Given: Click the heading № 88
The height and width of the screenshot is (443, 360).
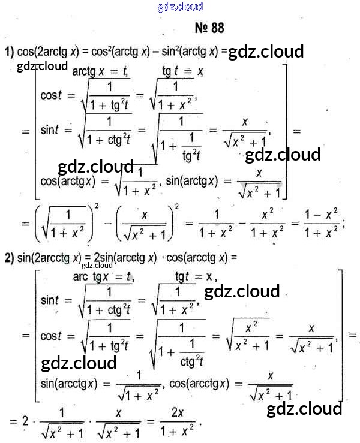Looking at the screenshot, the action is click(209, 28).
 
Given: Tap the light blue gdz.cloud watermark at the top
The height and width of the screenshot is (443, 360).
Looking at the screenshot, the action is click(180, 7).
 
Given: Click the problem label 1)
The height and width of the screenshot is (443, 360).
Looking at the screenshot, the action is click(9, 52).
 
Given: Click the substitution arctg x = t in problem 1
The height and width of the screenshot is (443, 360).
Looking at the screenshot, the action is click(100, 71).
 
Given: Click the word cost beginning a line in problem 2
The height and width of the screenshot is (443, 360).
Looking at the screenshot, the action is click(52, 336).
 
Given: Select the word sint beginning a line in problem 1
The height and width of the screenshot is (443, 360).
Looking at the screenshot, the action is click(52, 130).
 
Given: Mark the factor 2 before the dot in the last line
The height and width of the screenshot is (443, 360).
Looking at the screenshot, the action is click(25, 421).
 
